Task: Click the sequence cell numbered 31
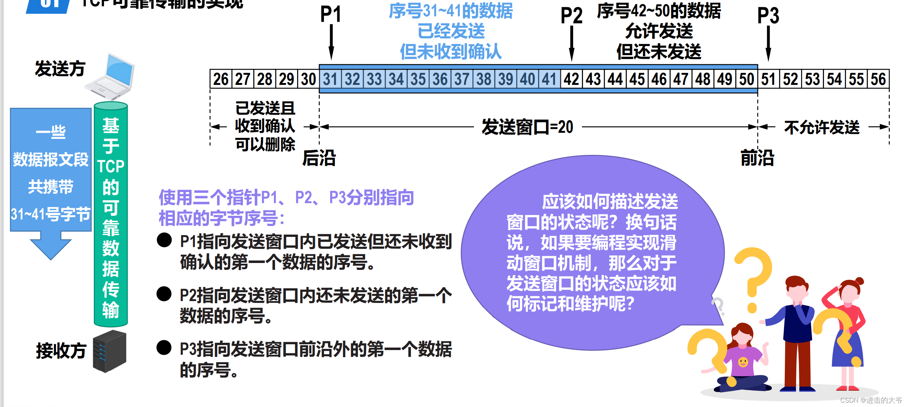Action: click(330, 79)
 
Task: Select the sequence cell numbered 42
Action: click(571, 79)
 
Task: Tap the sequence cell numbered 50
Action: click(747, 79)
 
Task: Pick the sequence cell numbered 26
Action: click(221, 79)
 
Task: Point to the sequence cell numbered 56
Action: click(878, 79)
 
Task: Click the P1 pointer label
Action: click(330, 15)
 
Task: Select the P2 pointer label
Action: click(571, 16)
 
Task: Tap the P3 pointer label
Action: click(768, 16)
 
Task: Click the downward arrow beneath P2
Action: click(571, 44)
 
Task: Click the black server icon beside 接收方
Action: click(109, 351)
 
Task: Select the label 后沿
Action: click(319, 158)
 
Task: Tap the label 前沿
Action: click(757, 158)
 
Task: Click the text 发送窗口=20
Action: click(528, 127)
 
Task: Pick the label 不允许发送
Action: click(822, 127)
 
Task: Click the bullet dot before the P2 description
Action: click(164, 294)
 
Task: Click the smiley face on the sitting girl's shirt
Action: click(743, 362)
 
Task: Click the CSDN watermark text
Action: click(871, 400)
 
